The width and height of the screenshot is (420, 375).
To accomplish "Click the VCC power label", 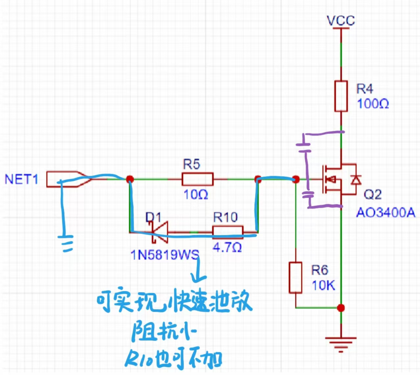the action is (341, 21).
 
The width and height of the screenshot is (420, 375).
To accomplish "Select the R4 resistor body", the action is (341, 96).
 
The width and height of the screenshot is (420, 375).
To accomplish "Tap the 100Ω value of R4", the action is (373, 104).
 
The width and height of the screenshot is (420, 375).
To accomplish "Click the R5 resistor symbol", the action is (198, 179).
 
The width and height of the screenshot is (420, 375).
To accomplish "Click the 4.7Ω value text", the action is (227, 247).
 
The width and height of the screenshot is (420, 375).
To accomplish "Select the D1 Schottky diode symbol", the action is (160, 232).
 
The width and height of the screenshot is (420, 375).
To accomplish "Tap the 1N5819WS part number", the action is (165, 255).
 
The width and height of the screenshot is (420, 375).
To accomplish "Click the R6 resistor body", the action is (296, 278).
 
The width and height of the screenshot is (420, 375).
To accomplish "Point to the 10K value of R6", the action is (323, 286).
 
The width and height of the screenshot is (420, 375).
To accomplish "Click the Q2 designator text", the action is (373, 195).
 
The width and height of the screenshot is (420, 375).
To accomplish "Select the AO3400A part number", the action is (386, 213).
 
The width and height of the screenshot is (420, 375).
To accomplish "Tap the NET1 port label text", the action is (21, 179).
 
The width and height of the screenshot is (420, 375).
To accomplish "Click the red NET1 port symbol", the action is (68, 179).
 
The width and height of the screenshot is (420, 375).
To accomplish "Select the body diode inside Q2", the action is (356, 179).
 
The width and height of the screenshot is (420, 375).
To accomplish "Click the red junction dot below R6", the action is (341, 308).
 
